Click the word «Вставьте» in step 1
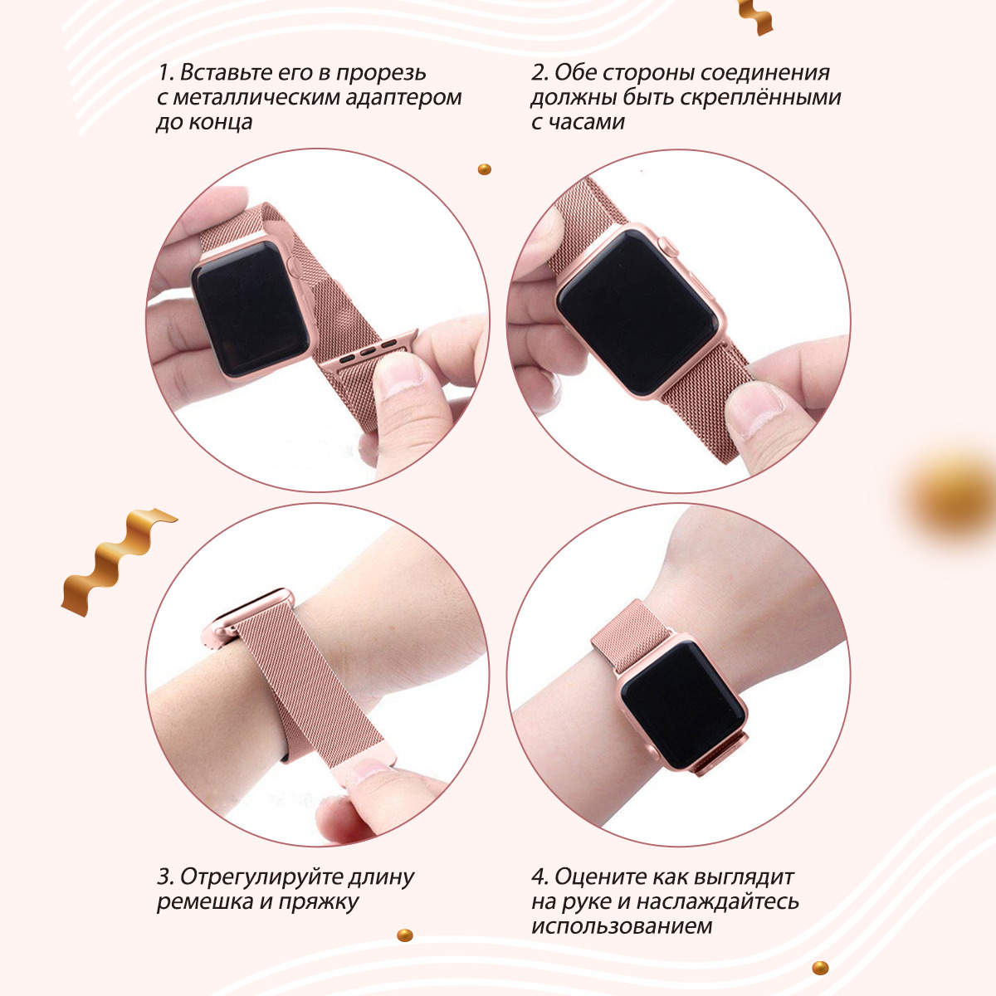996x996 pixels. click(x=227, y=72)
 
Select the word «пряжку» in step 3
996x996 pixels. click(x=319, y=902)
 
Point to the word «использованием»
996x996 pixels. click(x=622, y=925)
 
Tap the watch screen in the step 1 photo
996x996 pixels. click(x=251, y=308)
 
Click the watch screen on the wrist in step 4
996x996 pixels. click(x=683, y=705)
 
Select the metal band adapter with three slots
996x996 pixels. click(x=369, y=350)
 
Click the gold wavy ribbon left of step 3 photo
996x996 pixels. click(x=116, y=562)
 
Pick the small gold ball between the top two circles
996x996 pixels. click(x=484, y=169)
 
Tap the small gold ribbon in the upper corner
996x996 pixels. click(x=754, y=16)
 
